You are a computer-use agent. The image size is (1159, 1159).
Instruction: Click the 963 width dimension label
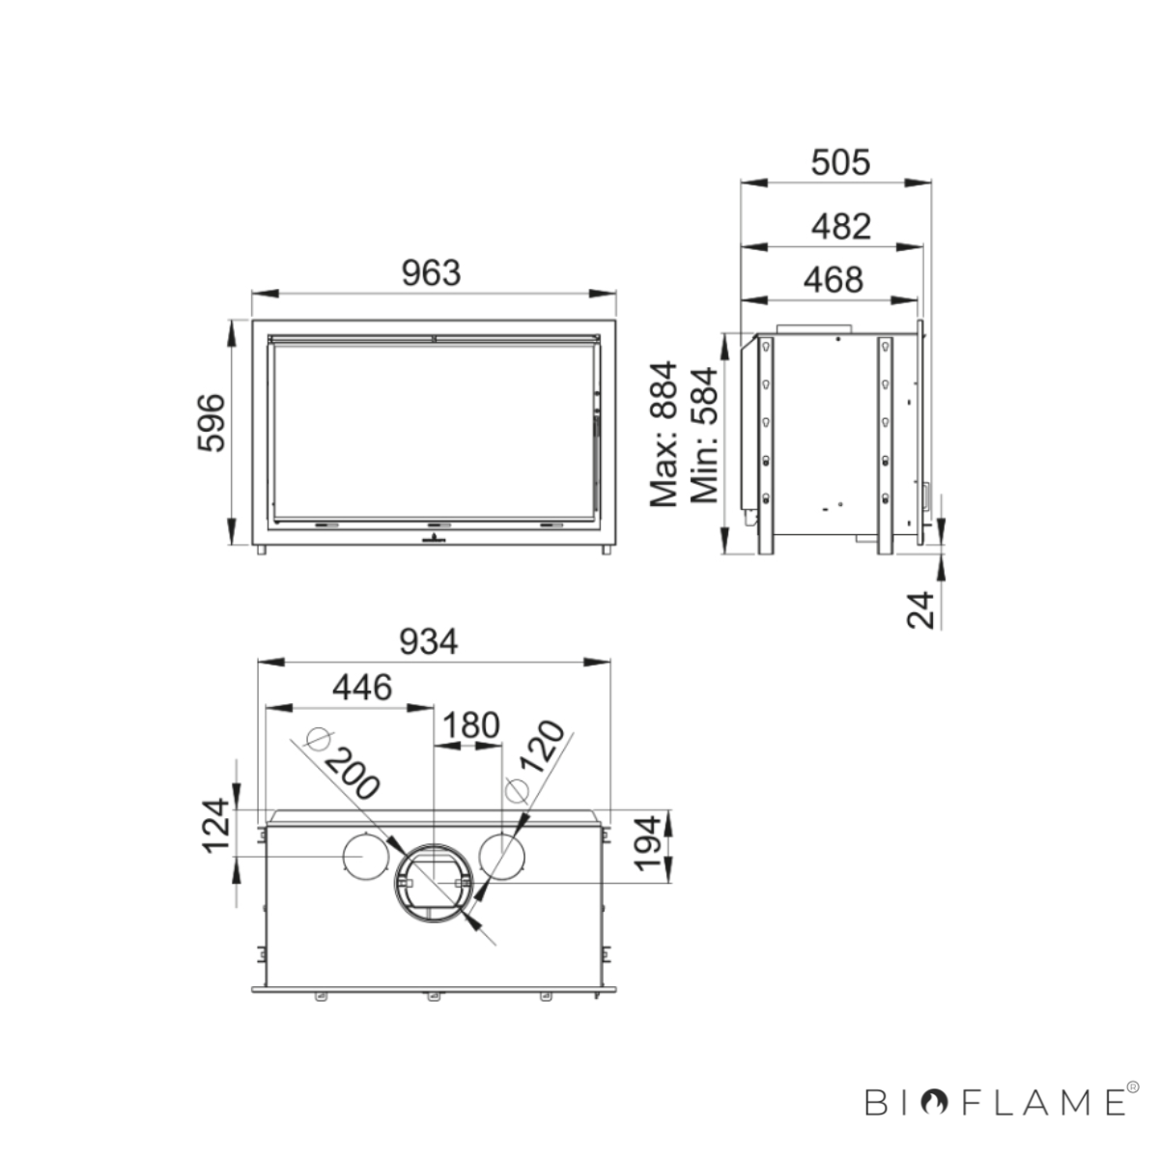(x=431, y=273)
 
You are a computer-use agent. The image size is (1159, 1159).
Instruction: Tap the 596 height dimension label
(x=212, y=423)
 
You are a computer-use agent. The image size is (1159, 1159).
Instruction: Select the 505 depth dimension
(x=840, y=162)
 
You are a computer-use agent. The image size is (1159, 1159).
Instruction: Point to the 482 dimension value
(x=841, y=227)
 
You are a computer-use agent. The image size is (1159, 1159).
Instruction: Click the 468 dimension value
(x=833, y=280)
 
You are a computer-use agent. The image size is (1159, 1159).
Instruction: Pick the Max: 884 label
(x=664, y=434)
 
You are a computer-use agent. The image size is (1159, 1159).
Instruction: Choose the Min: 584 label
(x=704, y=435)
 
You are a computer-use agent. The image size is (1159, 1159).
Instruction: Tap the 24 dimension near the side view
(x=920, y=609)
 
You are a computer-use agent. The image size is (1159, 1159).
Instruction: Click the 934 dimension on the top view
(x=428, y=641)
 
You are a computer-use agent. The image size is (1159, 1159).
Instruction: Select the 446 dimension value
(x=362, y=687)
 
